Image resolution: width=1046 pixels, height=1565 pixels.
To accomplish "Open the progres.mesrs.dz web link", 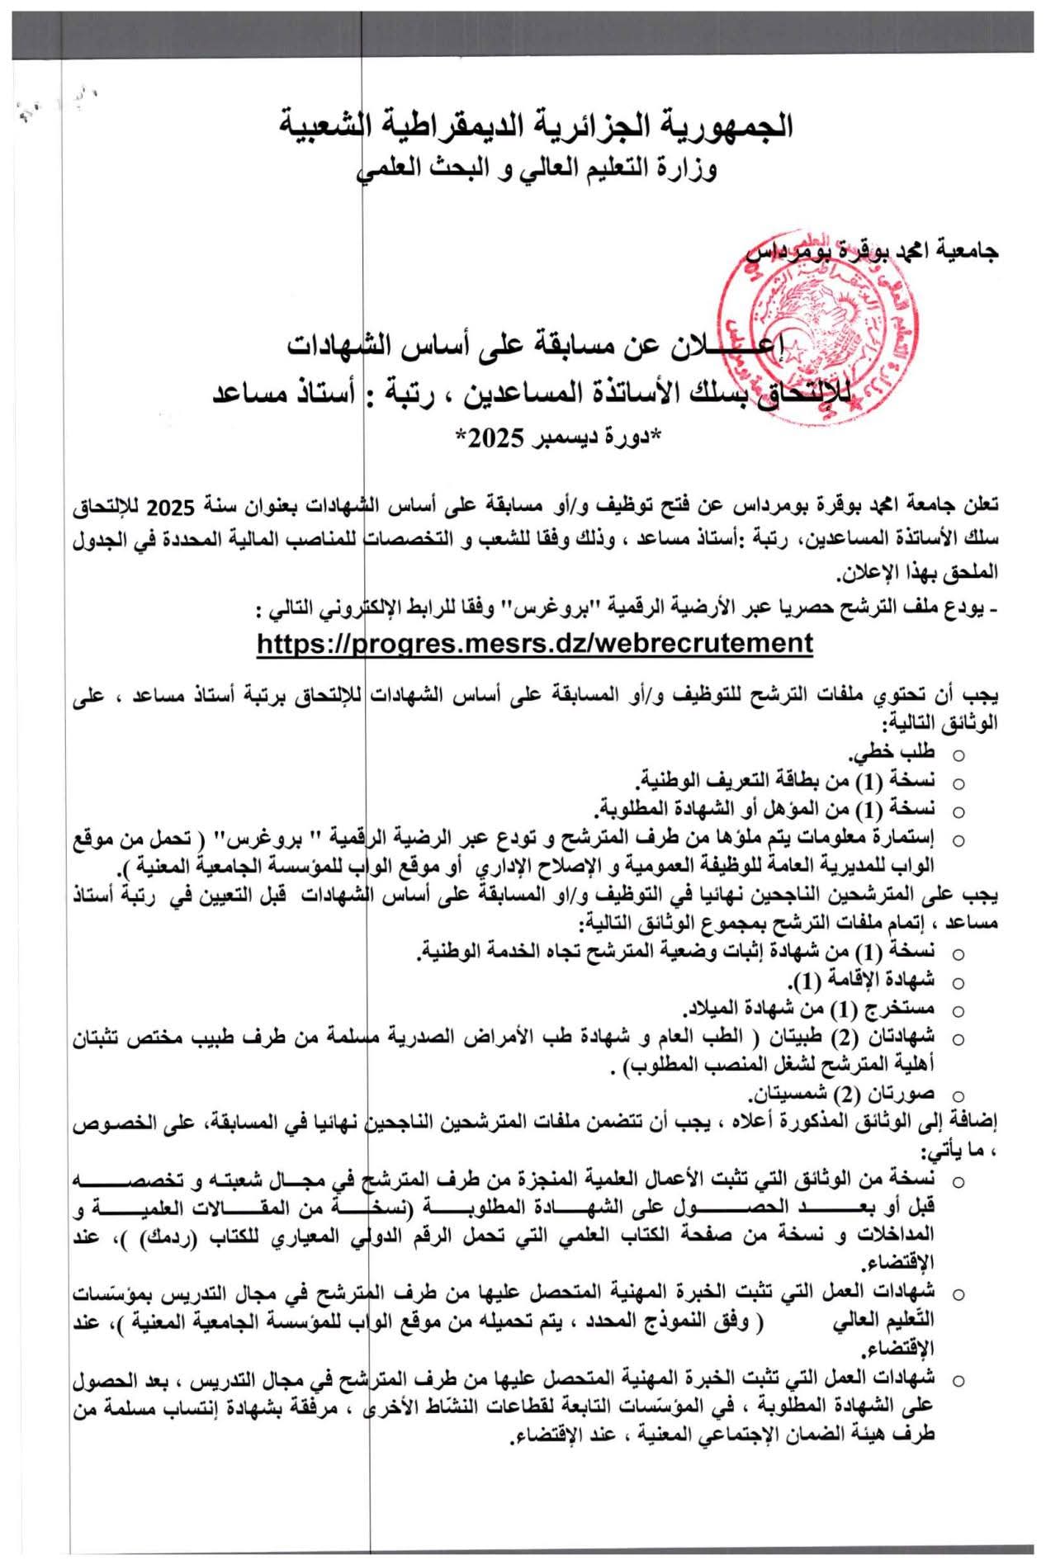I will click(x=535, y=642).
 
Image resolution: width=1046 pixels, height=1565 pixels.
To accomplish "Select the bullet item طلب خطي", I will click(x=892, y=753).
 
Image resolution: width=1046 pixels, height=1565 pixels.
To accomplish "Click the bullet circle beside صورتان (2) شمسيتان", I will click(x=958, y=1096).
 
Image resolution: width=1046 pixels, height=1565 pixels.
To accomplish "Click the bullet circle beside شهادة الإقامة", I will click(x=958, y=982).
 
